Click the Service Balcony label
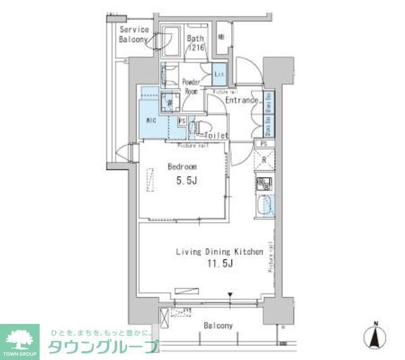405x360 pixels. point(134,34)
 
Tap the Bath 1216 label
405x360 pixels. point(196,42)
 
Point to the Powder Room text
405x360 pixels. point(191,87)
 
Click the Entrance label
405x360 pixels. point(241,101)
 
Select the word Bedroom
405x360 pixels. point(182,167)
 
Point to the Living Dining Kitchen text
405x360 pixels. point(219,252)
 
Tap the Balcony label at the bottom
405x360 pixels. point(218,326)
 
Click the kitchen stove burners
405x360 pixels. point(264,185)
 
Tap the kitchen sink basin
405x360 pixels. point(265,205)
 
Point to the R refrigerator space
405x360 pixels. point(265,160)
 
